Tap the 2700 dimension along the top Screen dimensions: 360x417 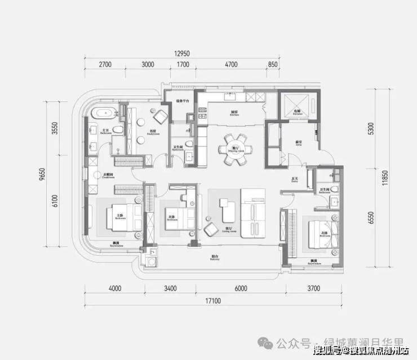[x=105, y=65]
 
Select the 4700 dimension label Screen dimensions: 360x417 [x=231, y=65]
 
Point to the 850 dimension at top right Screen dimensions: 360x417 [x=273, y=65]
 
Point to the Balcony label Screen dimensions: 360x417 [x=215, y=258]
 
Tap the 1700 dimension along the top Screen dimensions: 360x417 [x=183, y=65]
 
